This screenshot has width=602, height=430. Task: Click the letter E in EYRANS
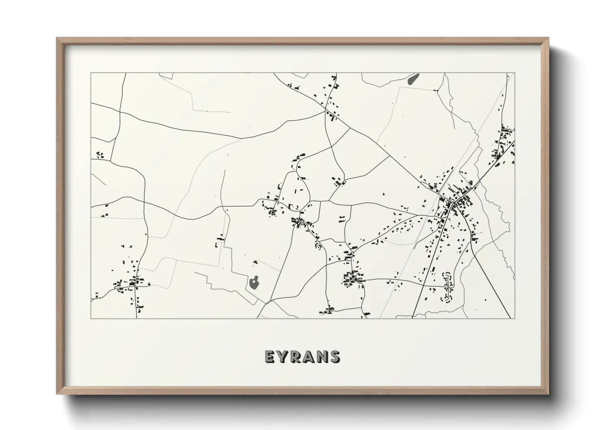pos(270,357)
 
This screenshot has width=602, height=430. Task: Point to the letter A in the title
pos(309,357)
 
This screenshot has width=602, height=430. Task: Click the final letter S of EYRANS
pos(335,357)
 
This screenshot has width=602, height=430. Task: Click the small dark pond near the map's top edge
pos(413,78)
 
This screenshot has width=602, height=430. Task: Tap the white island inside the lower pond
pos(255,280)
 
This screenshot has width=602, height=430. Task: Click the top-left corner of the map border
pos(91,73)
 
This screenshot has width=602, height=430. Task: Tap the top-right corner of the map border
pos(515,73)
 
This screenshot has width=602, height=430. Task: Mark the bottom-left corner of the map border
pos(91,318)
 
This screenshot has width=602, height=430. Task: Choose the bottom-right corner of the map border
pos(515,318)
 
